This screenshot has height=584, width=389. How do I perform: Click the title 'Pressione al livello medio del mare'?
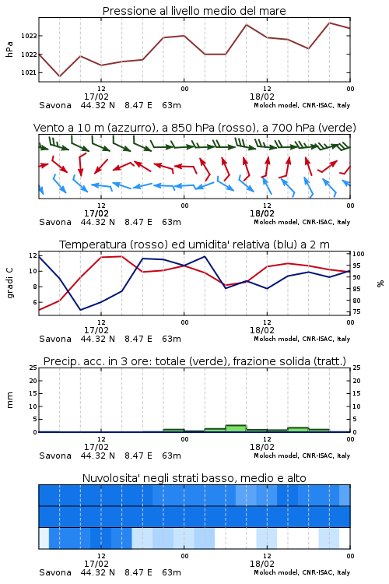(x=194, y=11)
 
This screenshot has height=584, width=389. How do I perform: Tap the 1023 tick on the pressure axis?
(x=29, y=36)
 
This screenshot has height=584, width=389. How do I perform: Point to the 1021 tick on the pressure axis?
(x=29, y=72)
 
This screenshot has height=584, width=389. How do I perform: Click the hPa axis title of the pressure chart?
(x=9, y=50)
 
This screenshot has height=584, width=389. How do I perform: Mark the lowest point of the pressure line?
(x=60, y=76)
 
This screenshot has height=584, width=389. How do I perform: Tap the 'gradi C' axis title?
(x=9, y=283)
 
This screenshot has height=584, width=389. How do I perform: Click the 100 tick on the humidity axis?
(x=359, y=254)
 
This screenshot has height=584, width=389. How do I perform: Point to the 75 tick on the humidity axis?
(x=356, y=311)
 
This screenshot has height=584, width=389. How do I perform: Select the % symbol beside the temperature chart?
(x=380, y=283)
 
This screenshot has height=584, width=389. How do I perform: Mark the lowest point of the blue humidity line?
(x=80, y=310)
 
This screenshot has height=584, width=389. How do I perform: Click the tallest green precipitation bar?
(x=236, y=428)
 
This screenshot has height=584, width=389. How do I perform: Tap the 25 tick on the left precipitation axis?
(x=33, y=368)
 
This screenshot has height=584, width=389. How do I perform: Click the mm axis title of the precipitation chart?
(x=9, y=400)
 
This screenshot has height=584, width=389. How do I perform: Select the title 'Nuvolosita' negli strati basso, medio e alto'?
(x=194, y=478)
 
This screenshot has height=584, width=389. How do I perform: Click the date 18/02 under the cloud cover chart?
(x=262, y=564)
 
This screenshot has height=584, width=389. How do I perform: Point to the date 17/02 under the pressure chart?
(x=96, y=97)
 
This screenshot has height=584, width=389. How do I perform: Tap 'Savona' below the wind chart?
(x=55, y=223)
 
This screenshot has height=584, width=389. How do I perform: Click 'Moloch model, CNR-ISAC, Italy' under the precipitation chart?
(x=302, y=456)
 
